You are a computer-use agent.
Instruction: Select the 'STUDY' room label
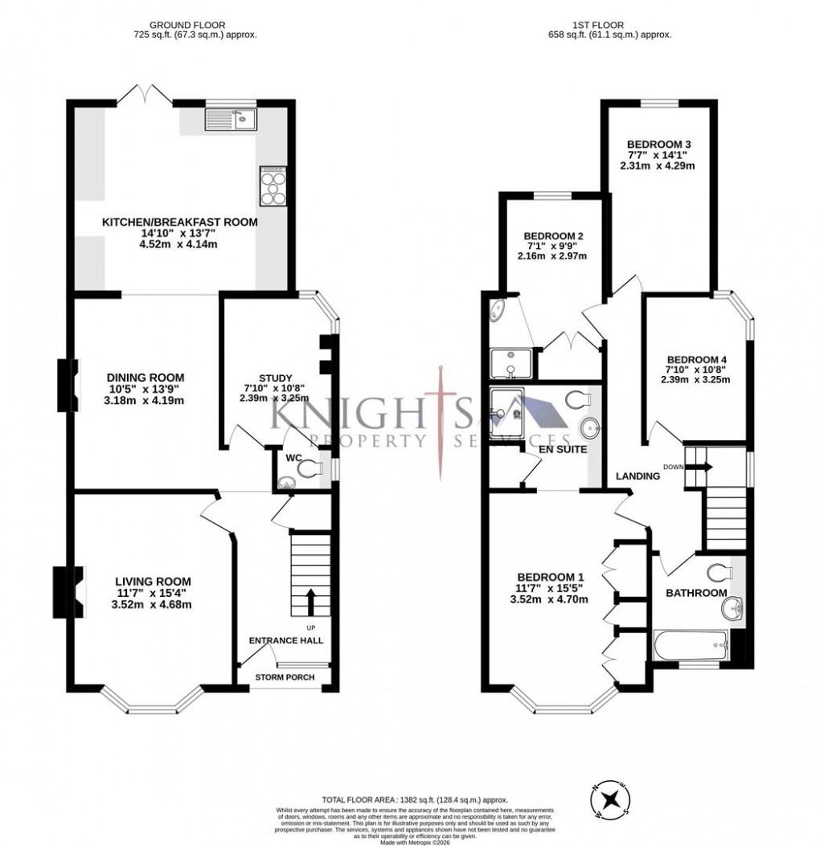[x=275, y=378]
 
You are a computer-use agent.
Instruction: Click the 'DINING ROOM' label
[x=146, y=377]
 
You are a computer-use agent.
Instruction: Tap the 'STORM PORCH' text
[x=285, y=677]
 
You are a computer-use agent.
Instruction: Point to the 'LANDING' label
[x=638, y=476]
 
